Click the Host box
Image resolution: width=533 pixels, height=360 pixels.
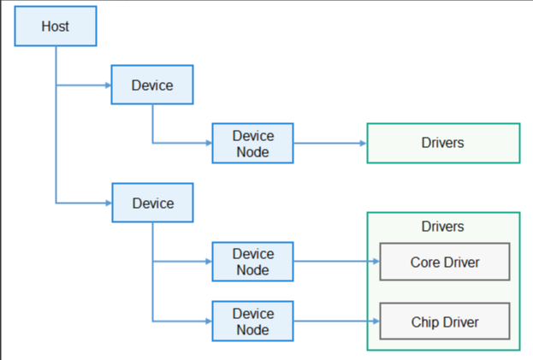coord(56,27)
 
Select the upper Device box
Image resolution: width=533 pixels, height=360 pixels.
coord(152,85)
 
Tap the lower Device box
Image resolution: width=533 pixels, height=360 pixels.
coord(152,203)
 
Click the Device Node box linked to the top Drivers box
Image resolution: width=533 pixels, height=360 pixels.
coord(252,144)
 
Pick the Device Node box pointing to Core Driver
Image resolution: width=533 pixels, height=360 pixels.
coord(252,262)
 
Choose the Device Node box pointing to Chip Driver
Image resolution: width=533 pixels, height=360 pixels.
coord(252,322)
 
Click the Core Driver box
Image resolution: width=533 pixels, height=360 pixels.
coord(444,262)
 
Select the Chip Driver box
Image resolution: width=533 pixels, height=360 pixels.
coord(444,322)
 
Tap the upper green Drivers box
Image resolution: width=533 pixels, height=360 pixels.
coord(442,143)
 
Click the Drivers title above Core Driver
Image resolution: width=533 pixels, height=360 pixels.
coord(442,227)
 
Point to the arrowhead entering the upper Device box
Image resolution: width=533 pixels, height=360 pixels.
coord(107,85)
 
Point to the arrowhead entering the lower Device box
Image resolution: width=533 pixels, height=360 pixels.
coord(107,203)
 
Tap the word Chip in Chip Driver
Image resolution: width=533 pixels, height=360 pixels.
coord(425,322)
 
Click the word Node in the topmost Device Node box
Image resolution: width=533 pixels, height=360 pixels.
coord(252,151)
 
